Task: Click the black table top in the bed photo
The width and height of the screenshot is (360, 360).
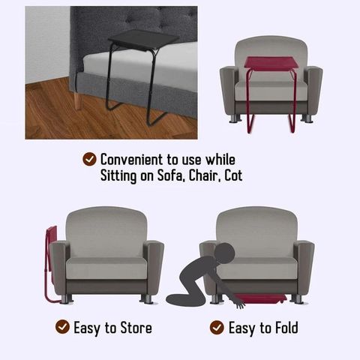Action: [142, 38]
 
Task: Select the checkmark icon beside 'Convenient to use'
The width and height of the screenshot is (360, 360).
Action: [89, 160]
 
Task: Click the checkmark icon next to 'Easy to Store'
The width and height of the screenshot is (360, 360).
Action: [61, 328]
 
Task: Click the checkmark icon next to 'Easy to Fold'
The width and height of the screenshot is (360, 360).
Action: [217, 328]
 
